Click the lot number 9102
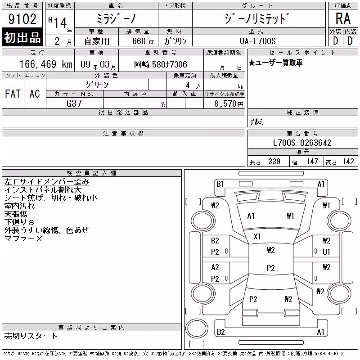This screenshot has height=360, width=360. (x=22, y=19)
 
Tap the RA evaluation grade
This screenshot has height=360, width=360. (x=343, y=18)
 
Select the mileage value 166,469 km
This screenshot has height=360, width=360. (x=46, y=64)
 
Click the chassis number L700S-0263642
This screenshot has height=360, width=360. (x=302, y=143)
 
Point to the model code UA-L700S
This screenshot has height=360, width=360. (x=257, y=41)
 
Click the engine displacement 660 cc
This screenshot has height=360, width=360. (x=143, y=41)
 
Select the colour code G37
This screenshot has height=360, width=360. (x=74, y=103)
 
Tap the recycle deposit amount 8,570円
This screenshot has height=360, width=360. (x=229, y=104)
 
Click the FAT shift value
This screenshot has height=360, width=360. (x=13, y=94)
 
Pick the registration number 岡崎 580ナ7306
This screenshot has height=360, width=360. (x=161, y=64)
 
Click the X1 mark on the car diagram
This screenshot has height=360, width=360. (x=257, y=237)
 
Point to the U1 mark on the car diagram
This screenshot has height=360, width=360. (x=326, y=252)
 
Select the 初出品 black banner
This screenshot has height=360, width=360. (x=22, y=37)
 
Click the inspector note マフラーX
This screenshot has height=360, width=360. (x=23, y=238)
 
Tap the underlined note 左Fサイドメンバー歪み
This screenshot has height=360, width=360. (x=47, y=182)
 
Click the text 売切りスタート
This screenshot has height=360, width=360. (x=31, y=336)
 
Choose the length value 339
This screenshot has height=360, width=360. (x=274, y=162)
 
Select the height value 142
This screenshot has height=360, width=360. (x=348, y=162)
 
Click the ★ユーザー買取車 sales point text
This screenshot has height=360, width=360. (x=275, y=63)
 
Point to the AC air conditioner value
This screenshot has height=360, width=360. (x=35, y=94)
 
